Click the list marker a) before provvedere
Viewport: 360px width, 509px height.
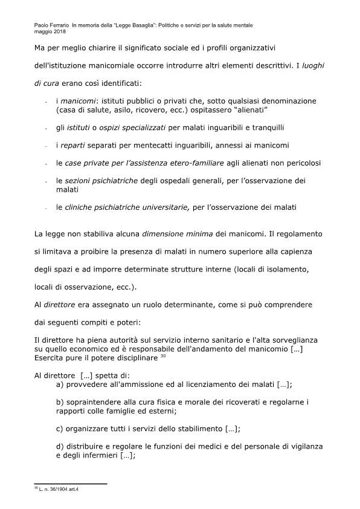(60, 384)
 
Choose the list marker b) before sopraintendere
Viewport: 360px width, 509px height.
(60, 402)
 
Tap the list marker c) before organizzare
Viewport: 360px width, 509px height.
(60, 429)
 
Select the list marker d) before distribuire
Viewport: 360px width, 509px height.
(60, 446)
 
